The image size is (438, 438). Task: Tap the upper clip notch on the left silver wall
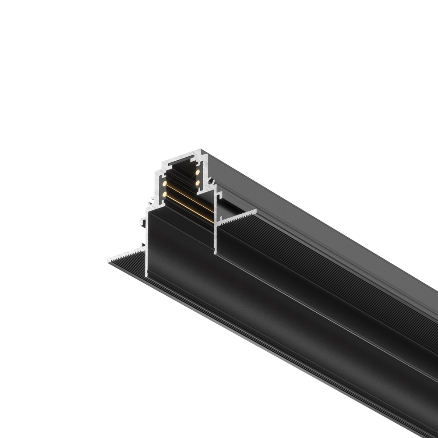[x=142, y=222]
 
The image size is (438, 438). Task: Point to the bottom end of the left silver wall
[x=146, y=275]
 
